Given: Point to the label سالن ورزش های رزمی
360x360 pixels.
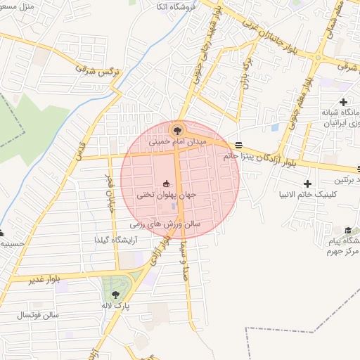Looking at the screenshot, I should pyautogui.click(x=165, y=225).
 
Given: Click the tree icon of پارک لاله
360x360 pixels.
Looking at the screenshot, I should pyautogui.click(x=116, y=295).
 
